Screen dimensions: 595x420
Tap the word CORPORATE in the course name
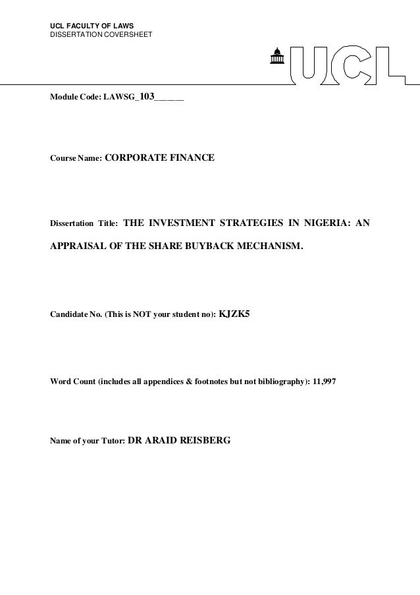pos(136,158)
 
